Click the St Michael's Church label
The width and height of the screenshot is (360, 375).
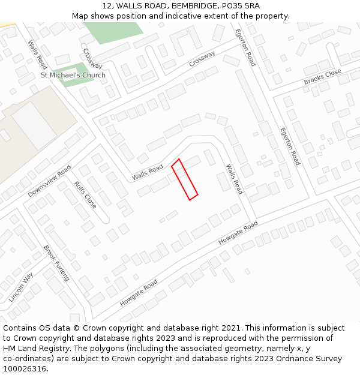(x=73, y=75)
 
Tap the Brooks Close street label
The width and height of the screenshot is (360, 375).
(x=322, y=76)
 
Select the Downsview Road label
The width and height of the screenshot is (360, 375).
(x=49, y=181)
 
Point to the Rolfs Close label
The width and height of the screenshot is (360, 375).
(x=85, y=194)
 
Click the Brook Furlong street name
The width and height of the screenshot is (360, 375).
(x=56, y=263)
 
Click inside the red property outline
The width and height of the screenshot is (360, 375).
(x=185, y=179)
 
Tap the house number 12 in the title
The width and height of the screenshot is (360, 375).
(x=107, y=5)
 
